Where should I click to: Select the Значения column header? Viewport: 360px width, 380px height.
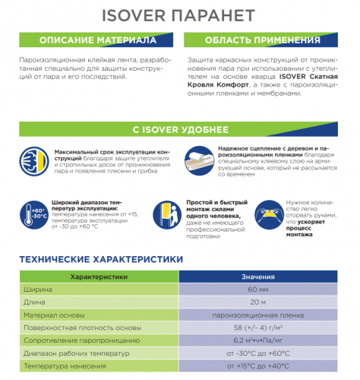click(258, 277)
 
